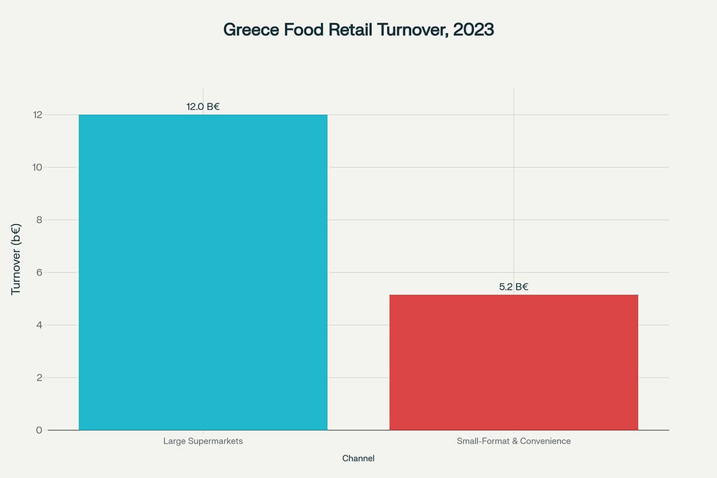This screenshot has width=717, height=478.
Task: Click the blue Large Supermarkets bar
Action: pyautogui.click(x=203, y=272)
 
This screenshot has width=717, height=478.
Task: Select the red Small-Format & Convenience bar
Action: pyautogui.click(x=514, y=362)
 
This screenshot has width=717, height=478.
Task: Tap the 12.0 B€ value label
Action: pyautogui.click(x=203, y=107)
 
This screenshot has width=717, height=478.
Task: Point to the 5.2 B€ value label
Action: pyautogui.click(x=514, y=287)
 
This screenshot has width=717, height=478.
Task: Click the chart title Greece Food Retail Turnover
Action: pyautogui.click(x=358, y=30)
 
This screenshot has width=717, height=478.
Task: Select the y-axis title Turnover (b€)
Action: pyautogui.click(x=16, y=259)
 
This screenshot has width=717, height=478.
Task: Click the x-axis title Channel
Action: pyautogui.click(x=358, y=458)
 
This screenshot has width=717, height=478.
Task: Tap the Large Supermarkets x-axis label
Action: pyautogui.click(x=203, y=441)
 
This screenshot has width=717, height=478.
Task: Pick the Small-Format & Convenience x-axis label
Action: pyautogui.click(x=514, y=441)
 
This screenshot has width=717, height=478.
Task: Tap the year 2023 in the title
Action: pyautogui.click(x=473, y=30)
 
